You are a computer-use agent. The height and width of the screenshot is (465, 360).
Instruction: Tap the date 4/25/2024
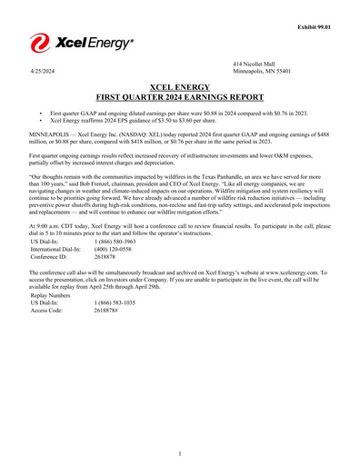pyautogui.click(x=43, y=70)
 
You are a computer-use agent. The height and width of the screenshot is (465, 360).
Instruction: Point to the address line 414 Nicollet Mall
pyautogui.click(x=255, y=62)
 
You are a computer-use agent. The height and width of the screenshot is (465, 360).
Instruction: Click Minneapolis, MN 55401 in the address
pyautogui.click(x=265, y=70)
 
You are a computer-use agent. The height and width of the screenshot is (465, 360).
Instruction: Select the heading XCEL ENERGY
pyautogui.click(x=180, y=84)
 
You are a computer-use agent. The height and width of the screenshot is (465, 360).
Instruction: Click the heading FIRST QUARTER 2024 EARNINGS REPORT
pyautogui.click(x=180, y=94)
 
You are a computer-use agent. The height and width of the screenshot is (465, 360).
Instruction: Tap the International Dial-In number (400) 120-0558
pyautogui.click(x=114, y=249)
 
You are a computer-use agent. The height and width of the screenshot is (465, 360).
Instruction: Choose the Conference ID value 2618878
pyautogui.click(x=106, y=257)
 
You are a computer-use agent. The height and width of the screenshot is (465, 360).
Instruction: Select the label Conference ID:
pyautogui.click(x=48, y=257)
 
